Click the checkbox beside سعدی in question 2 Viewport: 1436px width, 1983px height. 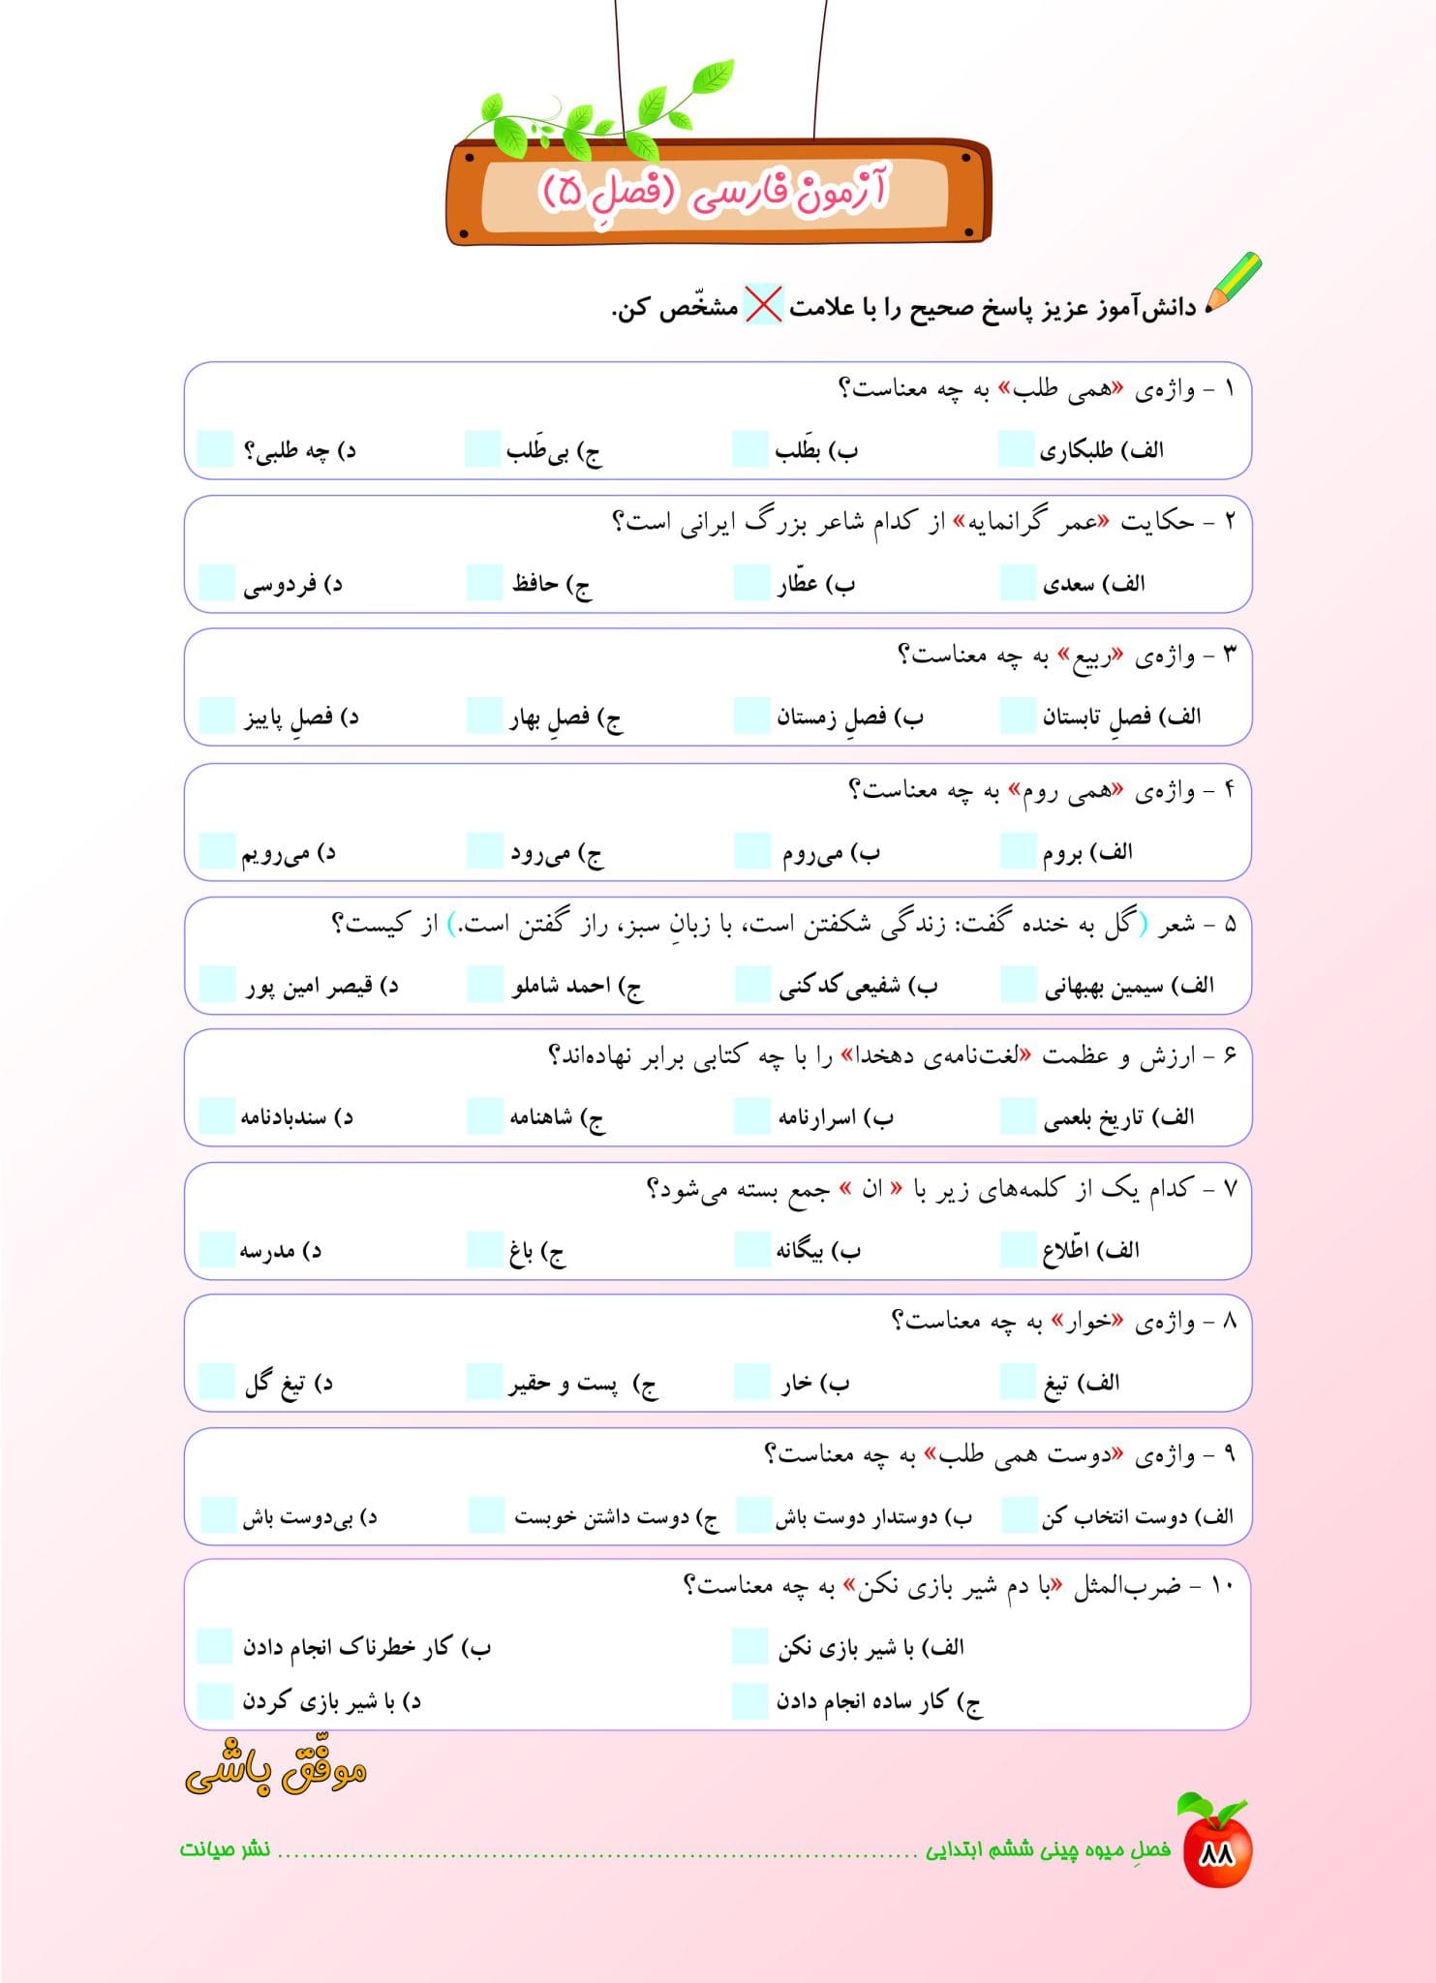click(x=1018, y=583)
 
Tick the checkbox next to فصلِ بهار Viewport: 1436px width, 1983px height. click(x=484, y=716)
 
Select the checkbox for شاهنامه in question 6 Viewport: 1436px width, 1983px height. click(x=484, y=1115)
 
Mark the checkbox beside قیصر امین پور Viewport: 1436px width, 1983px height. click(x=217, y=983)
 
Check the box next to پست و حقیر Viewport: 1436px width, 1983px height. click(x=484, y=1382)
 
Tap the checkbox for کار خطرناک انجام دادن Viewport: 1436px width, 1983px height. click(x=215, y=1645)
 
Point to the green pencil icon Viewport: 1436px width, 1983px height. click(x=1234, y=282)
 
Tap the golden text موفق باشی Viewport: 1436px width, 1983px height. click(x=276, y=1767)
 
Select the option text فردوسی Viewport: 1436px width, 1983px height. click(x=280, y=585)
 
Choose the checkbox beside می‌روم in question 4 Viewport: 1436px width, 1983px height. click(x=751, y=849)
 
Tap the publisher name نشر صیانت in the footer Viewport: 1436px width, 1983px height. click(x=225, y=1848)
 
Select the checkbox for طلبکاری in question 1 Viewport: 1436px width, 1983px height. click(x=1016, y=449)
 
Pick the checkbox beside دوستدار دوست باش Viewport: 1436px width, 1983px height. click(x=753, y=1514)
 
